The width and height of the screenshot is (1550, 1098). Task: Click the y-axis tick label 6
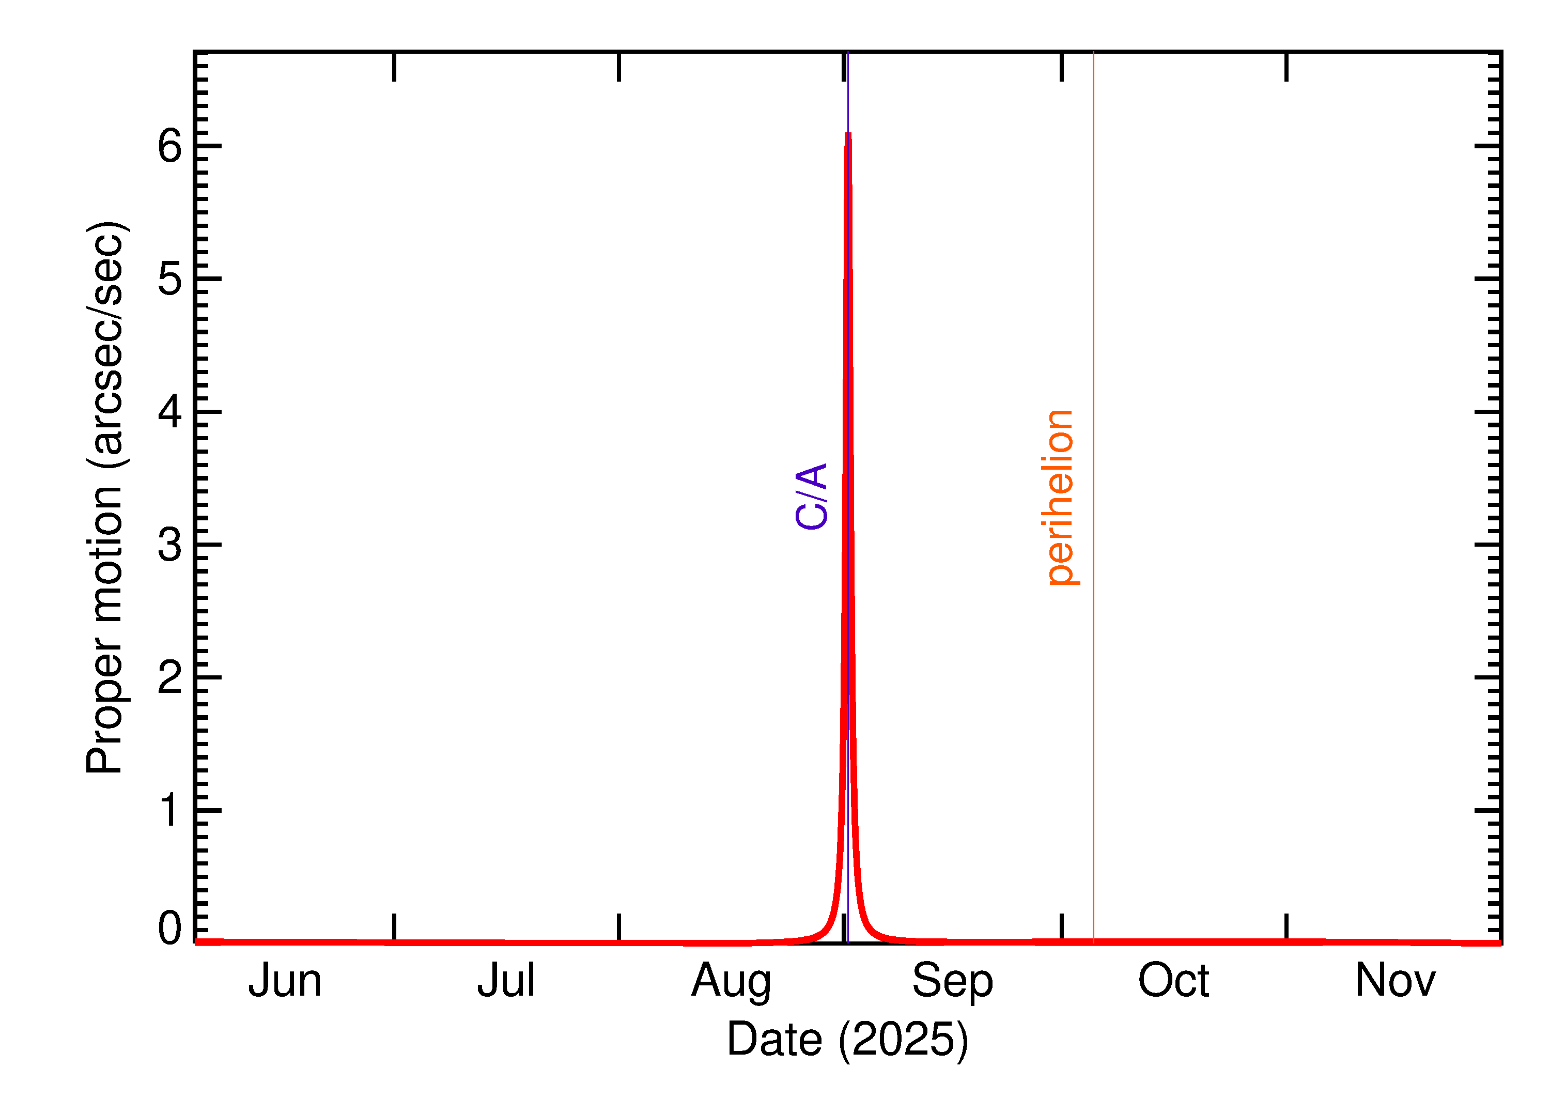click(169, 146)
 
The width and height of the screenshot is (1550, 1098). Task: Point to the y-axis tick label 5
click(169, 279)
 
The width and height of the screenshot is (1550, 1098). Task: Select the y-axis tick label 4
click(169, 412)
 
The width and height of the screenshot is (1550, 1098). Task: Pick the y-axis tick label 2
click(169, 677)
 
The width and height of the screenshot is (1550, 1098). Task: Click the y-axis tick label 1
click(169, 810)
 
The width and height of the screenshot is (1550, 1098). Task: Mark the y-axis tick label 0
click(169, 929)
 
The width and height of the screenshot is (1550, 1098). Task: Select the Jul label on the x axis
click(506, 981)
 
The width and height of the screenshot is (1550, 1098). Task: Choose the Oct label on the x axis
click(1173, 981)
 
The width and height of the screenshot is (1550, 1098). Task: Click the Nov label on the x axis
click(1395, 981)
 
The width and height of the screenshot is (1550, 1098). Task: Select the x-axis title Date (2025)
click(847, 1039)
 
